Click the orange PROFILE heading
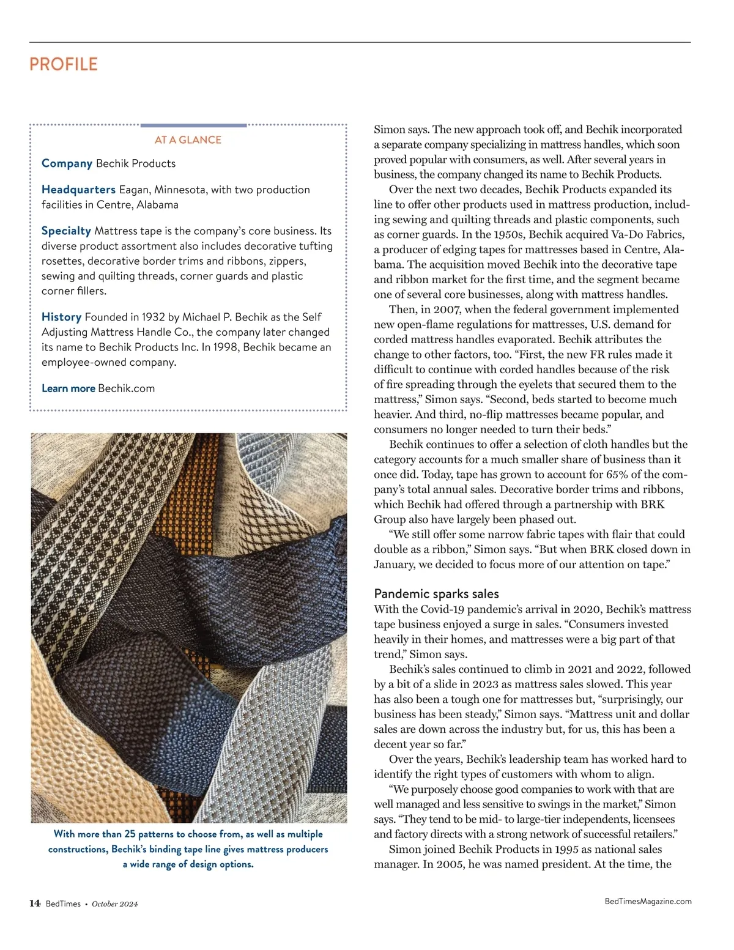pyautogui.click(x=64, y=64)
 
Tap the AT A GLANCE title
pyautogui.click(x=188, y=140)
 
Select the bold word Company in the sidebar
pyautogui.click(x=67, y=163)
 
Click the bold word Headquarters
pyautogui.click(x=78, y=190)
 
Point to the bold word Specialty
pyautogui.click(x=66, y=231)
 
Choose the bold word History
pyautogui.click(x=61, y=317)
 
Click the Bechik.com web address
pyautogui.click(x=126, y=388)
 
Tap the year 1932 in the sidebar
pyautogui.click(x=153, y=317)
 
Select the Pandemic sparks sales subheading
pyautogui.click(x=436, y=593)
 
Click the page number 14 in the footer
pyautogui.click(x=35, y=904)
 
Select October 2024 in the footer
pyautogui.click(x=115, y=904)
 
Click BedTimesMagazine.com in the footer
pyautogui.click(x=648, y=901)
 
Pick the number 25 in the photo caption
pyautogui.click(x=130, y=834)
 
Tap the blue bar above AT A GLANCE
pyautogui.click(x=193, y=125)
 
